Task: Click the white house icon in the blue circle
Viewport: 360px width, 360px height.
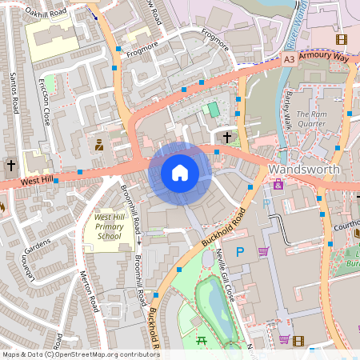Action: click(180, 173)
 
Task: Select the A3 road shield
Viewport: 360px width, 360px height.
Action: click(290, 59)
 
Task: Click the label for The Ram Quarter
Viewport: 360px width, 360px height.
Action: click(311, 118)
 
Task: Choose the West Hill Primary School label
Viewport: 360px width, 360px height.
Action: click(108, 226)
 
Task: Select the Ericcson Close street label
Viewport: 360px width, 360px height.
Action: click(46, 106)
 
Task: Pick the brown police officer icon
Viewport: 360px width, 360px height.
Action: click(99, 145)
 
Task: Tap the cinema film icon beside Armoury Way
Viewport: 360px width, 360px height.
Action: click(342, 39)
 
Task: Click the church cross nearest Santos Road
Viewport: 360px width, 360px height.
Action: click(11, 166)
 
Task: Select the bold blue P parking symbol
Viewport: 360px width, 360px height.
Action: click(239, 252)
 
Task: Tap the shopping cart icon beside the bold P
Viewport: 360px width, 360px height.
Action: click(262, 252)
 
